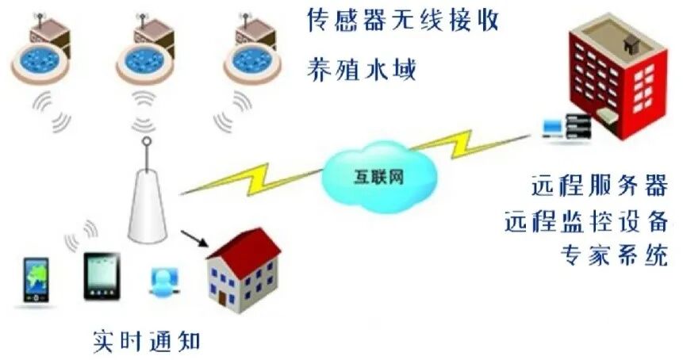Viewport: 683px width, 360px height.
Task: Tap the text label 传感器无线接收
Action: (402, 21)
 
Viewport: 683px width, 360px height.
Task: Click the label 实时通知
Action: (147, 342)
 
